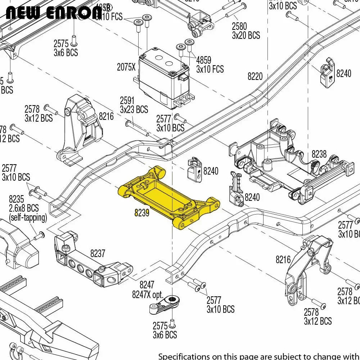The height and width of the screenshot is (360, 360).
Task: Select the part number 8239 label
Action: click(141, 213)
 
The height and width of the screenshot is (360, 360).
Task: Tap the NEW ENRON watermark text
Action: click(54, 14)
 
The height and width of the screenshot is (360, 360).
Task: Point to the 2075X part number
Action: click(126, 67)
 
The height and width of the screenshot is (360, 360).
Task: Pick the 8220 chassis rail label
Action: click(255, 76)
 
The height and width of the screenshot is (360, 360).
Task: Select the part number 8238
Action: click(319, 154)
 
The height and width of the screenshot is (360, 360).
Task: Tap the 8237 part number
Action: click(98, 253)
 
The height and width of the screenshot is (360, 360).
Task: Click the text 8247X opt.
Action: click(148, 294)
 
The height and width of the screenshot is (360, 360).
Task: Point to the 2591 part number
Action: click(127, 100)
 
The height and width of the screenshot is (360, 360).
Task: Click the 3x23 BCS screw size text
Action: click(134, 109)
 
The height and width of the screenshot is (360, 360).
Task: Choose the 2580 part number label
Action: click(239, 26)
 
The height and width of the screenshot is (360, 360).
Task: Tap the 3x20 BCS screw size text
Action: click(246, 35)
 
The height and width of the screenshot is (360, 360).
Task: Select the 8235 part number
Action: click(16, 199)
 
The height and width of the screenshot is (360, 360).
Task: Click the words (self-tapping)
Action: click(28, 217)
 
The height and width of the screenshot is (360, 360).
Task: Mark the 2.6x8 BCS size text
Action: click(24, 208)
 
